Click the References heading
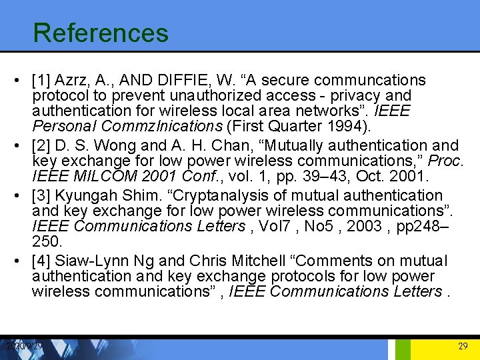101,33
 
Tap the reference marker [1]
43,81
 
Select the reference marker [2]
43,145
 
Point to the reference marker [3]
43,195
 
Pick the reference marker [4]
43,261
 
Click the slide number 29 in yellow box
463,346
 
